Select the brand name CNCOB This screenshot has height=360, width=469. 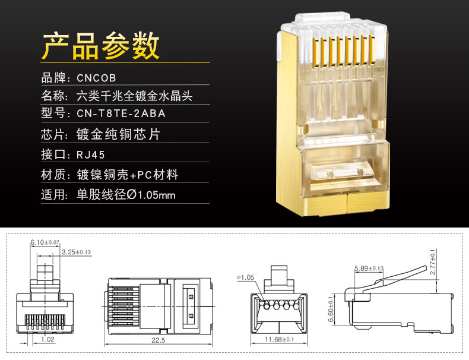[96, 78]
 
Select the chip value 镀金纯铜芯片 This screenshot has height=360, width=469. [119, 135]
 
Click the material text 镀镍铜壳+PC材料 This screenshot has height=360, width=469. [128, 175]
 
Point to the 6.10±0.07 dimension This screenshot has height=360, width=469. [45, 242]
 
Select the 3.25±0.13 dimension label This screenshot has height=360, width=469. [77, 252]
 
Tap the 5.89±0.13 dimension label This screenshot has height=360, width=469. [369, 268]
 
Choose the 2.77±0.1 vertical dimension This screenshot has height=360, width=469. [433, 261]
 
